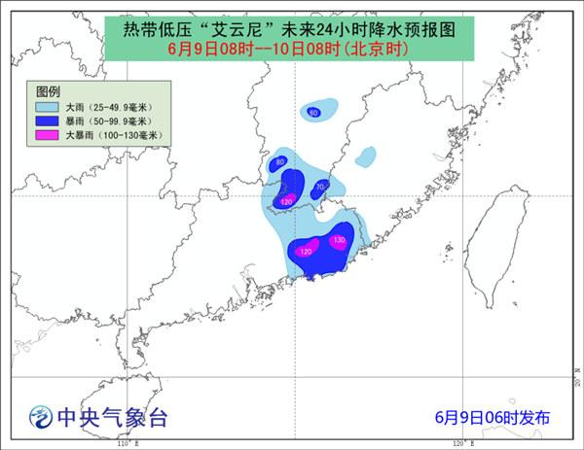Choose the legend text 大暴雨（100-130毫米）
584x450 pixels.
(112, 136)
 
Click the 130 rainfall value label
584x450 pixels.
(339, 240)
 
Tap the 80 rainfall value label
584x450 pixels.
(280, 162)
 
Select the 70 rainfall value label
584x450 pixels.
(321, 186)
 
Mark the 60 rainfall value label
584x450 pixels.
(313, 113)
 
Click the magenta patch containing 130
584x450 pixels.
(339, 241)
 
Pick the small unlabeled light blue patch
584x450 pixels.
(366, 156)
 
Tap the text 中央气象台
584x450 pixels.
(112, 418)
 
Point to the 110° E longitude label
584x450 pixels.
(125, 444)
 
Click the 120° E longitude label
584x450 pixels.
(463, 444)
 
